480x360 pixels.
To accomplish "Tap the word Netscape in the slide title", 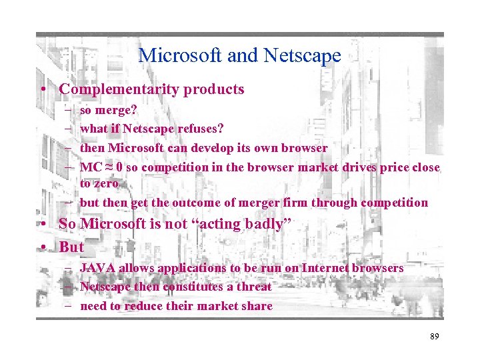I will point(304,56).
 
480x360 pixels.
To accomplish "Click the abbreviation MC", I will point(89,167).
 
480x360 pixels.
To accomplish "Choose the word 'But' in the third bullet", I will point(71,247).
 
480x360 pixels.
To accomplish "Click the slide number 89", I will point(434,337).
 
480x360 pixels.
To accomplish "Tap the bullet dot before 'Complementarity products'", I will point(42,90).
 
